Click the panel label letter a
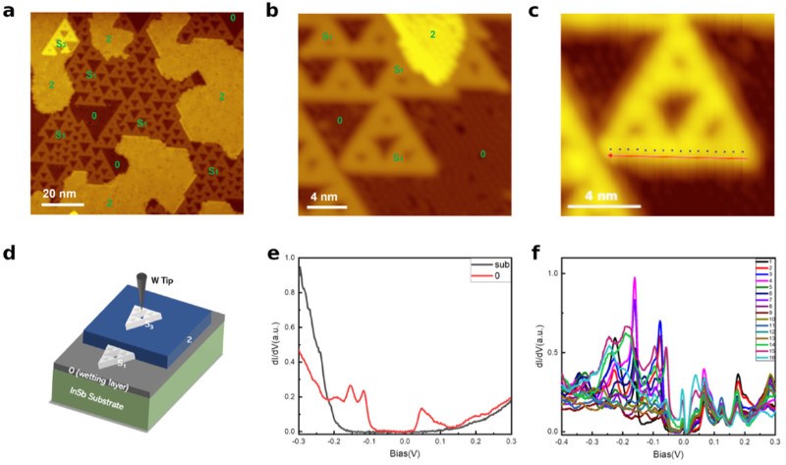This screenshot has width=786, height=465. pyautogui.click(x=9, y=9)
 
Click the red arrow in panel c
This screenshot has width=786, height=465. pyautogui.click(x=678, y=157)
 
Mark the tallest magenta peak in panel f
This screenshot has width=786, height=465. pyautogui.click(x=634, y=278)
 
